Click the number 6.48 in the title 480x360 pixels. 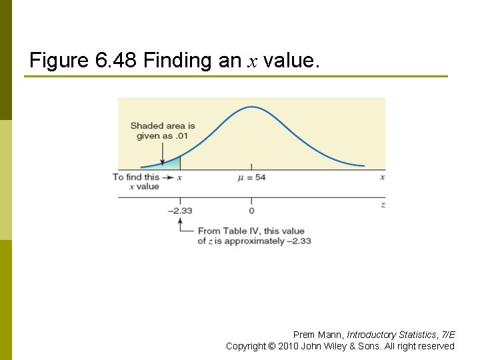(115, 61)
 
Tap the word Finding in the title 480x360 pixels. (179, 61)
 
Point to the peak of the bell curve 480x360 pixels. (251, 107)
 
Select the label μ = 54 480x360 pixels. (251, 177)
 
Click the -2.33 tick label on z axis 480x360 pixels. (179, 211)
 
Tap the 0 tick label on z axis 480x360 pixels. (251, 211)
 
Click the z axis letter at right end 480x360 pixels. (383, 205)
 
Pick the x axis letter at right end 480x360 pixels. (382, 177)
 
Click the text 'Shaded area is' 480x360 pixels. (163, 125)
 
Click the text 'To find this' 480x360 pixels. (136, 177)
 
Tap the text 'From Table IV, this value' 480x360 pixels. (251, 231)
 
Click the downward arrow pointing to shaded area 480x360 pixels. (162, 152)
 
